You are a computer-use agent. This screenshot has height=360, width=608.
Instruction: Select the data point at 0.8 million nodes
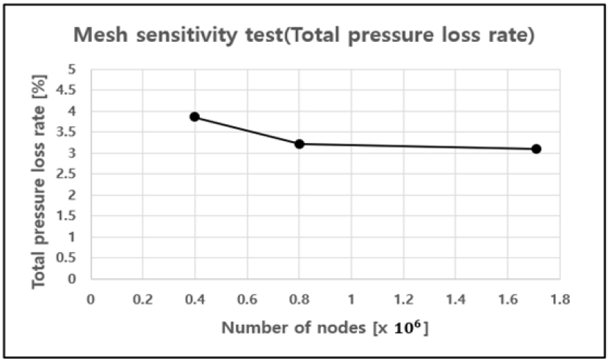tap(300, 144)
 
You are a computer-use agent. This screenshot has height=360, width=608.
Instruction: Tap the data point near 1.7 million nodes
tap(536, 148)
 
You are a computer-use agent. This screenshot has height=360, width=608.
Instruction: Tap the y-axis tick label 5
tap(71, 69)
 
